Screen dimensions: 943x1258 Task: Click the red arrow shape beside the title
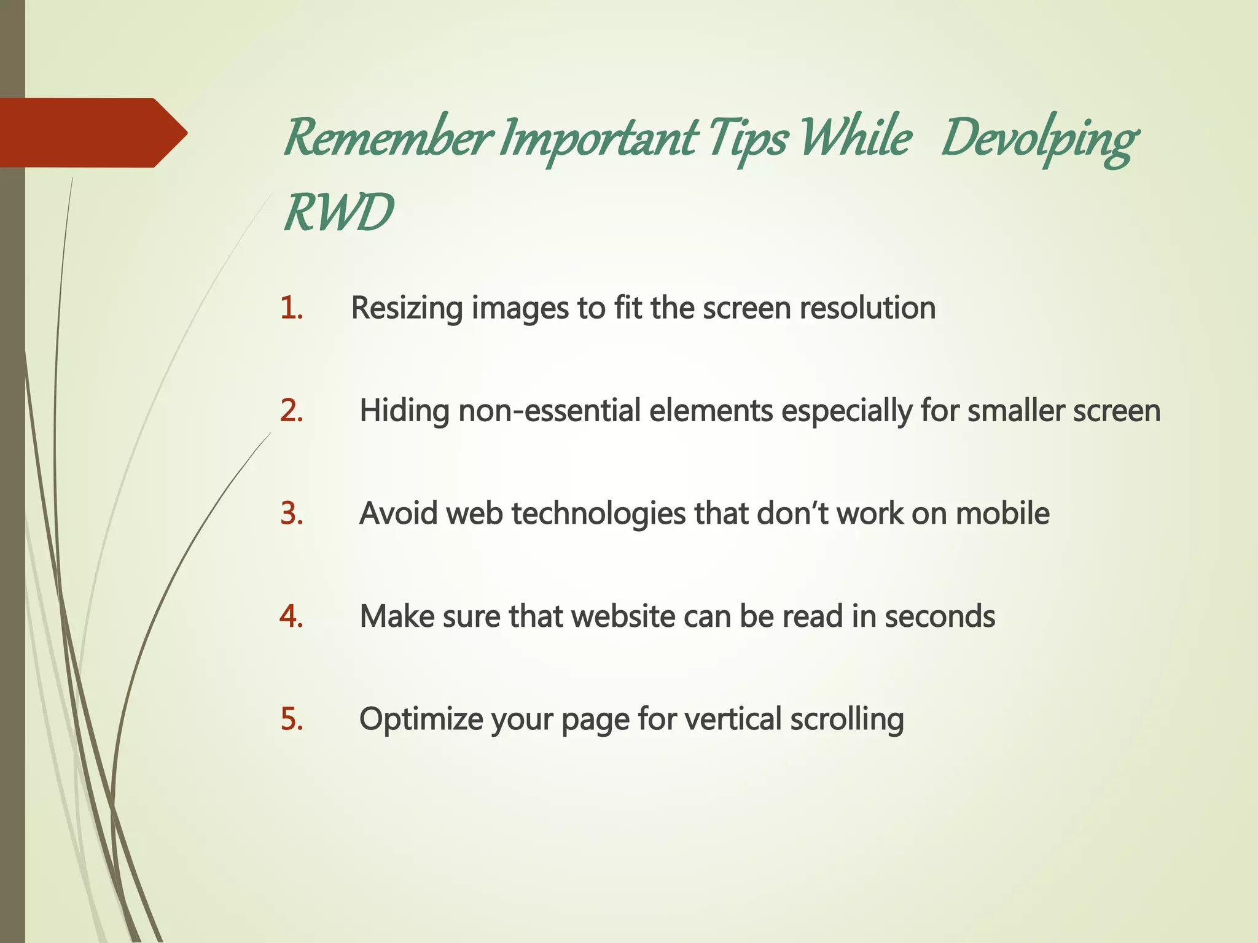(x=92, y=133)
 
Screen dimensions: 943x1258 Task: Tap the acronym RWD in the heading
(x=338, y=212)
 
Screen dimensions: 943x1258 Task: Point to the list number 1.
(x=291, y=308)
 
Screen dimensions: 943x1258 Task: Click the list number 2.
(x=292, y=411)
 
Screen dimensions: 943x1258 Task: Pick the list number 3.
(x=292, y=513)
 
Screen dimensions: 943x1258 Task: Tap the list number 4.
(x=291, y=616)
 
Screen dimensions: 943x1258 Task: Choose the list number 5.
(x=292, y=719)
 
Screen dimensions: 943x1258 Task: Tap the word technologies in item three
(x=598, y=513)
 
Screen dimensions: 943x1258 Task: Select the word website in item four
(x=623, y=616)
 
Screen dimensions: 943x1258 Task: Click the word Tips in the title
(x=746, y=138)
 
